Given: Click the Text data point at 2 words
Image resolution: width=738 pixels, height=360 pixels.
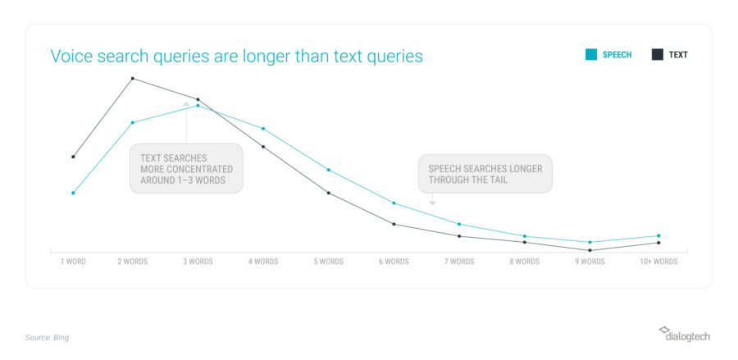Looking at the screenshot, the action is pyautogui.click(x=133, y=78).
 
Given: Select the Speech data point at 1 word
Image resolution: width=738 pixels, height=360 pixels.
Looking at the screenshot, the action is pyautogui.click(x=73, y=193).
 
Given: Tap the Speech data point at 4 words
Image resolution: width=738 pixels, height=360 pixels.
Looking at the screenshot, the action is pyautogui.click(x=263, y=129).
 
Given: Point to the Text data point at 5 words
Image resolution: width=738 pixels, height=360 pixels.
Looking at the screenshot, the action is pyautogui.click(x=329, y=193).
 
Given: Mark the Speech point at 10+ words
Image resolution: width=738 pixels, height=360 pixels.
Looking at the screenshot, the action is pyautogui.click(x=658, y=235).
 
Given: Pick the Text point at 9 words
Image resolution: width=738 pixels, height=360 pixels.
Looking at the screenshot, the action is pyautogui.click(x=590, y=250).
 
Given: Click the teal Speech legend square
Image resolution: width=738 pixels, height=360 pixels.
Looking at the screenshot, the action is pyautogui.click(x=591, y=55).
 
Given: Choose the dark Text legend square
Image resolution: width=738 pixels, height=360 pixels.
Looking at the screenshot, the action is pyautogui.click(x=658, y=55).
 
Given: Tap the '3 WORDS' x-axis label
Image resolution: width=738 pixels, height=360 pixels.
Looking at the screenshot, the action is pyautogui.click(x=198, y=262).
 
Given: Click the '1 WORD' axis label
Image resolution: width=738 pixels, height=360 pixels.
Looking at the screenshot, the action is pyautogui.click(x=73, y=262).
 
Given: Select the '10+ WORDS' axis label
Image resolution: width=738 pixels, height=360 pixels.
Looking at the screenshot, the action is pyautogui.click(x=658, y=262).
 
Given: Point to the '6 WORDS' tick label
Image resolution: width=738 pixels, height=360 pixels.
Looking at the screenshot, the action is pyautogui.click(x=394, y=262).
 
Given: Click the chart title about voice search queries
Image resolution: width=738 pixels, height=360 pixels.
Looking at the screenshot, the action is pyautogui.click(x=236, y=57).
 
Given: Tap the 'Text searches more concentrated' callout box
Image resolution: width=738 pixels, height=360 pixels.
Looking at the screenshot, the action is pyautogui.click(x=186, y=168).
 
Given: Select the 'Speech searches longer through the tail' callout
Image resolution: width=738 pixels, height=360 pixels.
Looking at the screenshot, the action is pyautogui.click(x=485, y=174).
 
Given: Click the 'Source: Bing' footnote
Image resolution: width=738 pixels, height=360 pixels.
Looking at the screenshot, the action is pyautogui.click(x=47, y=338).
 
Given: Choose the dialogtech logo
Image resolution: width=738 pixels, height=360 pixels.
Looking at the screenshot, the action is pyautogui.click(x=685, y=334).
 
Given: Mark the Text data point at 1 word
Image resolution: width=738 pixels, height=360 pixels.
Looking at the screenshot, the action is pyautogui.click(x=73, y=157).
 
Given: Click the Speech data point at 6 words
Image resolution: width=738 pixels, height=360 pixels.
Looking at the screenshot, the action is pyautogui.click(x=394, y=203).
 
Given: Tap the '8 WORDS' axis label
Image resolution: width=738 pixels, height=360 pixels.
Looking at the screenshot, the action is pyautogui.click(x=524, y=262).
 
